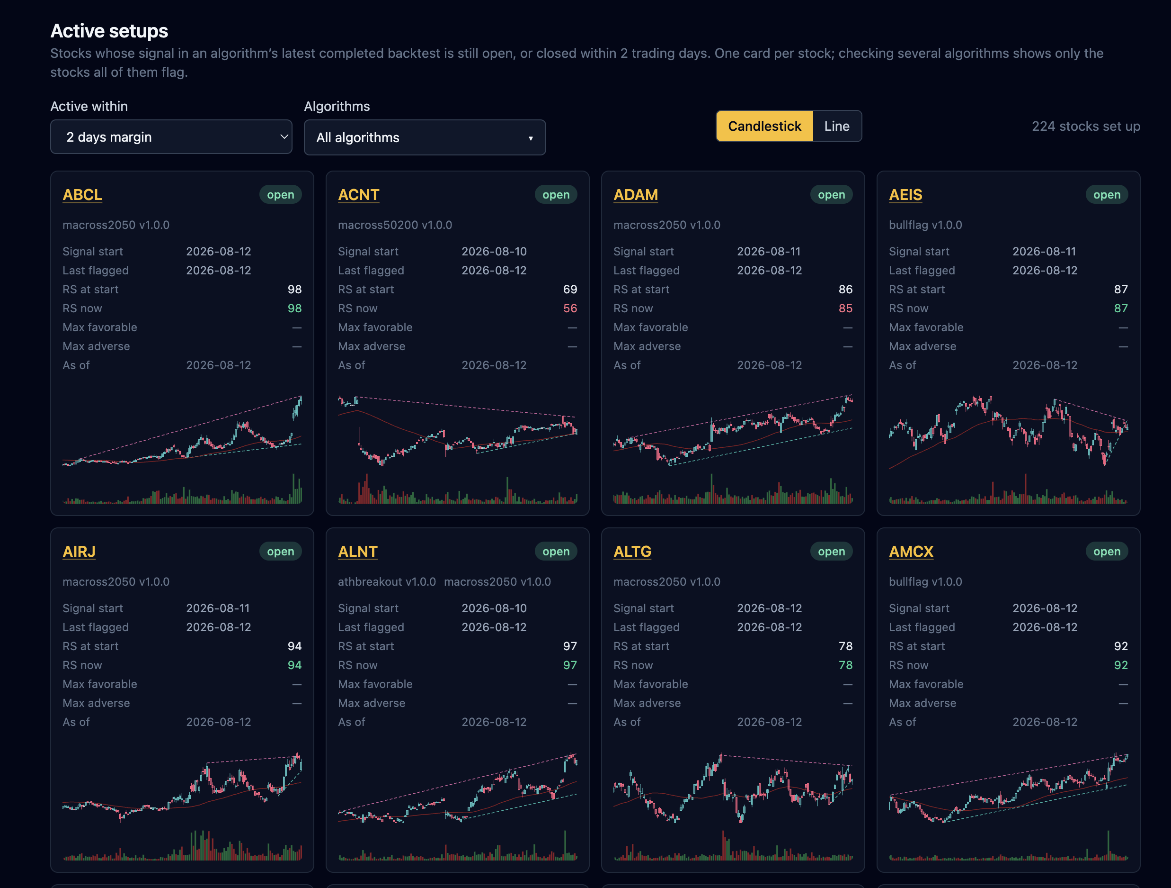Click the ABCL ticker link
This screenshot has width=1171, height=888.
pos(82,195)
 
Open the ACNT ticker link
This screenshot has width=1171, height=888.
pos(358,195)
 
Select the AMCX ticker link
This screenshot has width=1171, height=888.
pos(911,552)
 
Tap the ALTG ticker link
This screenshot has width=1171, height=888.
pos(632,552)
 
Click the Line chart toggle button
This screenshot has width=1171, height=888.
pos(836,126)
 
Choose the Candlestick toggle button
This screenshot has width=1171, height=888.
pos(764,126)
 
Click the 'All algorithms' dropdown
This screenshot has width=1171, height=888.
pos(425,137)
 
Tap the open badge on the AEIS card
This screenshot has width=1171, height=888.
pos(1107,194)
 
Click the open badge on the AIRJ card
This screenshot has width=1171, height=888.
pos(280,552)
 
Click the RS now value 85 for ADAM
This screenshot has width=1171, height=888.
pos(845,308)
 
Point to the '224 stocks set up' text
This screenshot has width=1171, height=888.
pos(1086,126)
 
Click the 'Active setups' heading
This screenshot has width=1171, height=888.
pos(109,31)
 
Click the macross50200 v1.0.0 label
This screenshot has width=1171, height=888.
pos(395,225)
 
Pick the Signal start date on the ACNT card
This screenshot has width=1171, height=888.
pos(494,251)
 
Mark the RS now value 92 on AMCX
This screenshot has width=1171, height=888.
pos(1121,665)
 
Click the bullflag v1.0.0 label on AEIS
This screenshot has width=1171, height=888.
pos(925,225)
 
